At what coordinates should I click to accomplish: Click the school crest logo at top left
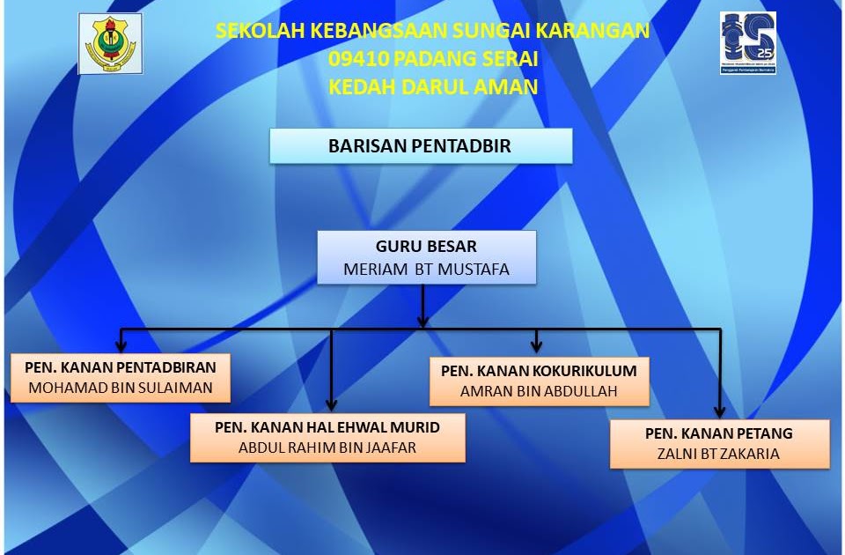[x=111, y=44]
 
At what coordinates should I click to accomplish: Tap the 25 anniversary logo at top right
[x=748, y=42]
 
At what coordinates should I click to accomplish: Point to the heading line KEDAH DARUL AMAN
[x=433, y=87]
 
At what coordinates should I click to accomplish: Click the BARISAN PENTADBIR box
[x=421, y=145]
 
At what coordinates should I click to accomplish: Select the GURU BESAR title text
[x=426, y=246]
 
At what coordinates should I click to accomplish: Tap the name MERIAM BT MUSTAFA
[x=426, y=269]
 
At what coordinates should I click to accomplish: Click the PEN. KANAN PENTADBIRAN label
[x=121, y=367]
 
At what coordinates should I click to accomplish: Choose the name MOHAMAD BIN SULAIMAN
[x=121, y=388]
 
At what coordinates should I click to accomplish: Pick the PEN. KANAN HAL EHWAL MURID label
[x=327, y=427]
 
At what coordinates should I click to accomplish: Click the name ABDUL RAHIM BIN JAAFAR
[x=327, y=448]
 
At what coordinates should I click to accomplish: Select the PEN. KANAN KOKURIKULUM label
[x=539, y=371]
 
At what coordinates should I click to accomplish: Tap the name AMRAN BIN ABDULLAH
[x=539, y=391]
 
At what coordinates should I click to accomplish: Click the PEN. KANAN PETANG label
[x=719, y=433]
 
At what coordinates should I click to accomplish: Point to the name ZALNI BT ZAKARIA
[x=718, y=454]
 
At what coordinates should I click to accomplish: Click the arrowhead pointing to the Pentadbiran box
[x=121, y=346]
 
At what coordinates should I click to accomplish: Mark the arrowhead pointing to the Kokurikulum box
[x=536, y=346]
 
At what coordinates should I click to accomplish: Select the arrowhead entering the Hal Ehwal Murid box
[x=332, y=404]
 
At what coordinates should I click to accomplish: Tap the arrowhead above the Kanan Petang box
[x=719, y=412]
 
